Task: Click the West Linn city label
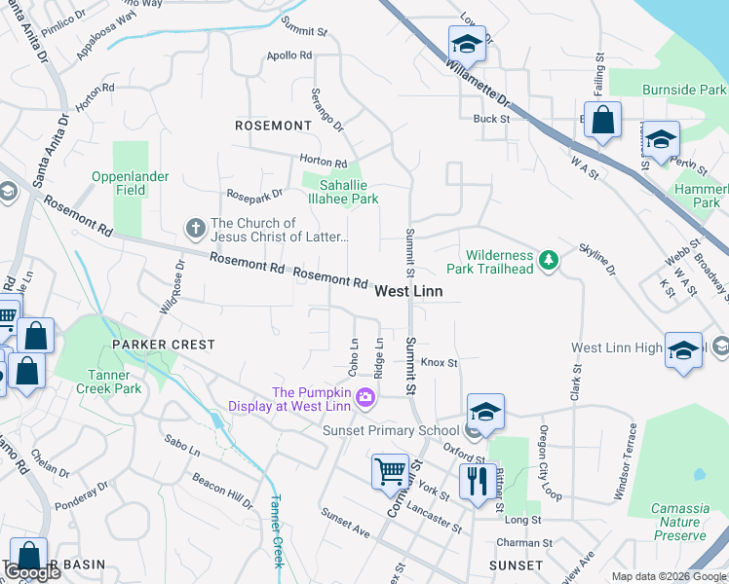pos(408,291)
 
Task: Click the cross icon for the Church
pos(195,229)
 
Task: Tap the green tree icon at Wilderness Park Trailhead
pos(550,259)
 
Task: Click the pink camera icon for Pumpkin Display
pos(364,396)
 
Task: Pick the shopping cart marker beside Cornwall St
pos(390,472)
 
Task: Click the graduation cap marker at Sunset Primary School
pos(484,412)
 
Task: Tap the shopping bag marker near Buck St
pos(603,121)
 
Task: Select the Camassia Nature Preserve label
pos(680,522)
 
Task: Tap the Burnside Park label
pos(683,90)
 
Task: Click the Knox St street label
pos(439,362)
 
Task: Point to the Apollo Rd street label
pos(288,55)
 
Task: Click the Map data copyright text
pos(668,576)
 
